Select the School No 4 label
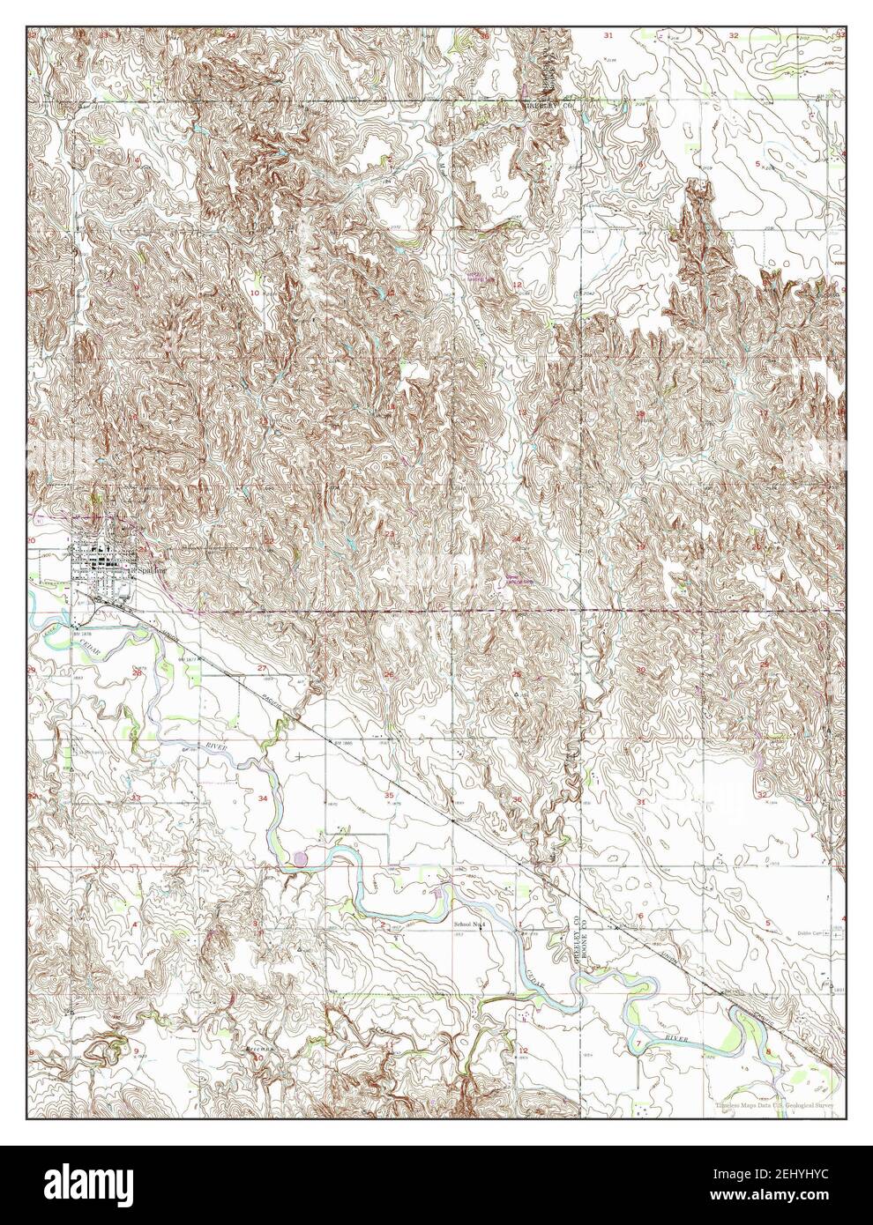coord(470,924)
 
